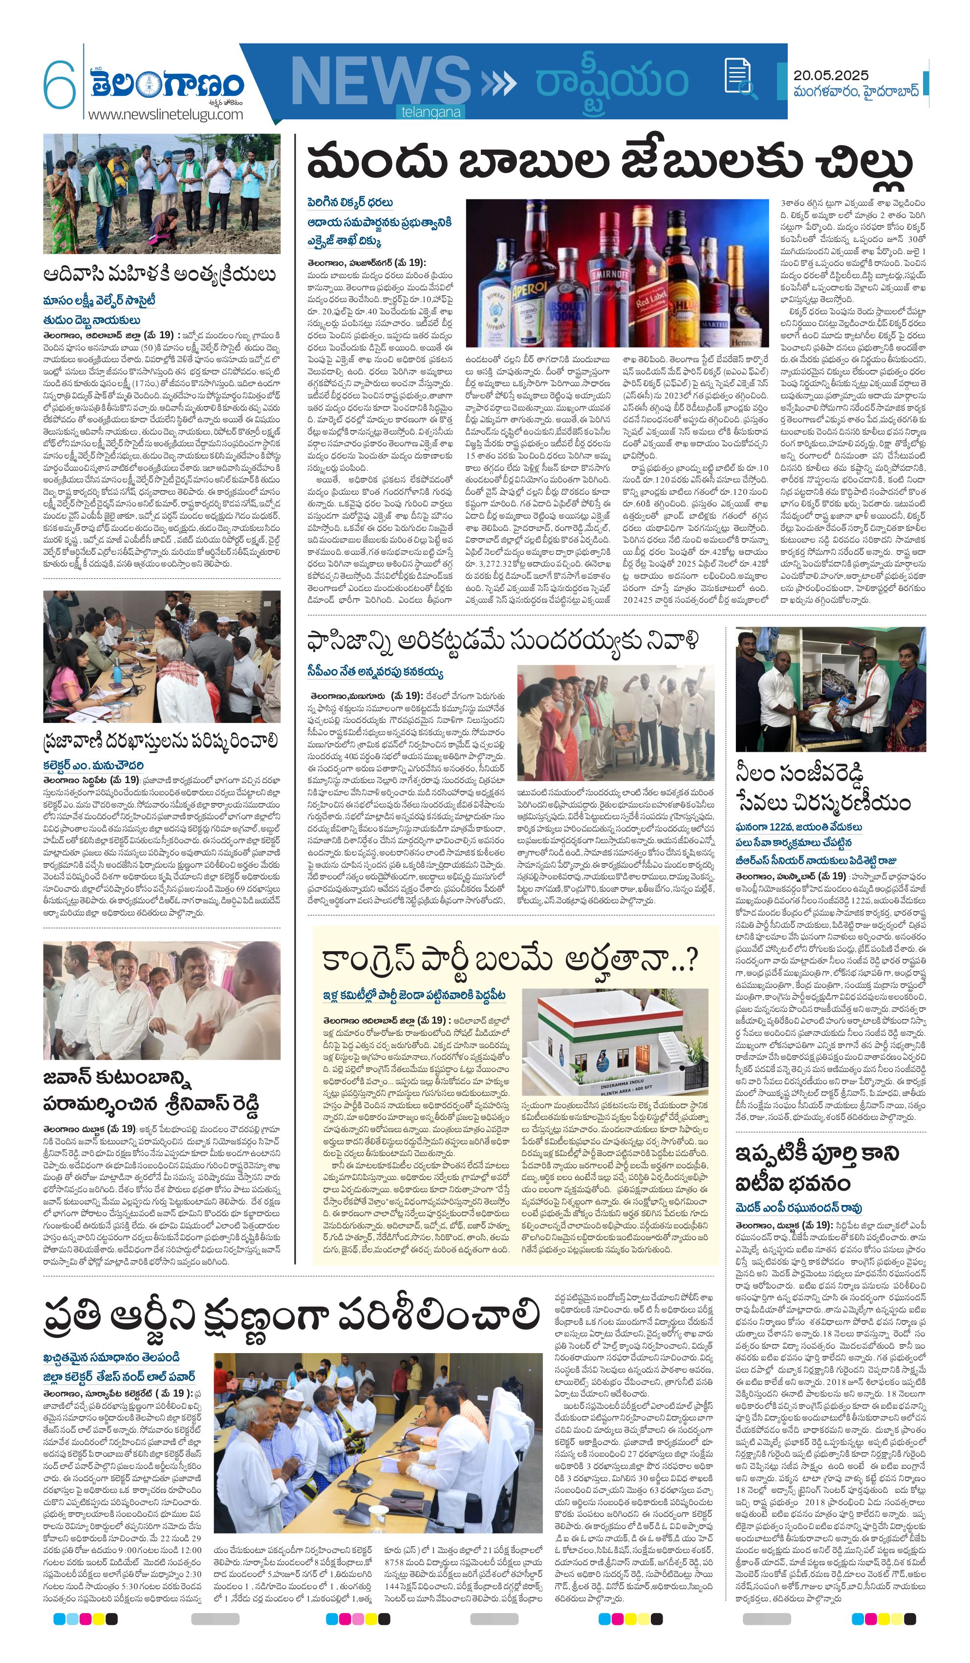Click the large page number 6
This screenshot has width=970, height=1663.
pyautogui.click(x=60, y=85)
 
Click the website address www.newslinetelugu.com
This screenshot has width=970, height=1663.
pyautogui.click(x=166, y=114)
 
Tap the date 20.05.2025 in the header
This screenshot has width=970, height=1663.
pyautogui.click(x=831, y=75)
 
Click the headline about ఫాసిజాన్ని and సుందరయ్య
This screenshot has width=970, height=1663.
pyautogui.click(x=501, y=641)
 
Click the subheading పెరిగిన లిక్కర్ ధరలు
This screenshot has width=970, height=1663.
pyautogui.click(x=350, y=202)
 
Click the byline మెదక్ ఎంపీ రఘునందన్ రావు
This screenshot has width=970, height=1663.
pyautogui.click(x=798, y=1207)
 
